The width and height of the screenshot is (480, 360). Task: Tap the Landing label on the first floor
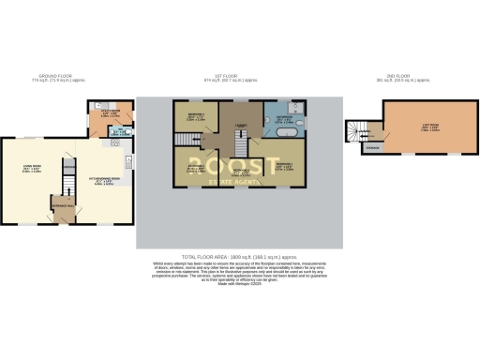point(241,123)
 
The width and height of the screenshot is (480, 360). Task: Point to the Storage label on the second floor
point(373,147)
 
